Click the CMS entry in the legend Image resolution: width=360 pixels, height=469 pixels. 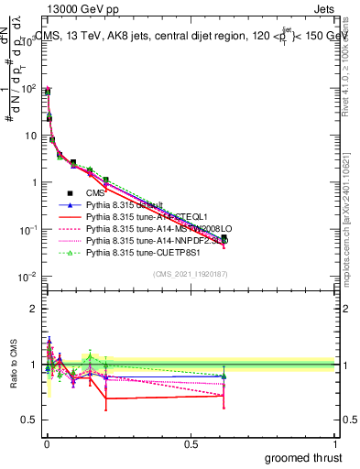(x=95, y=193)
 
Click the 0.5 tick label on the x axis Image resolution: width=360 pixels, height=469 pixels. (x=191, y=444)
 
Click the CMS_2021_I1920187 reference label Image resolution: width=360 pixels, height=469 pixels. (x=190, y=275)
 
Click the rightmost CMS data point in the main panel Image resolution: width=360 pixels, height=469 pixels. (x=224, y=237)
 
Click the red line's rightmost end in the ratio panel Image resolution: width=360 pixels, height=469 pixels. (x=224, y=396)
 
